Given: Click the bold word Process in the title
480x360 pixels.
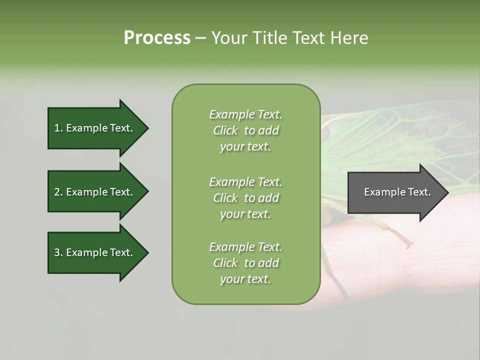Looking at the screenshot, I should pyautogui.click(x=157, y=38).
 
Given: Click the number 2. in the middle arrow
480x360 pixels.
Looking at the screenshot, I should pyautogui.click(x=58, y=192).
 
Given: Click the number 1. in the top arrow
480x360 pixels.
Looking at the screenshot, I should pyautogui.click(x=58, y=128).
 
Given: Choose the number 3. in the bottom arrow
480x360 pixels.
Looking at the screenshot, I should pyautogui.click(x=58, y=252).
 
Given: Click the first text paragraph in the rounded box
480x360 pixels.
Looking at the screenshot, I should pyautogui.click(x=245, y=130).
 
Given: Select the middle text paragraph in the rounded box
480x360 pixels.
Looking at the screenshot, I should pyautogui.click(x=245, y=198).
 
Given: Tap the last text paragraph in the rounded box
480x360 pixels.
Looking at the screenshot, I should pyautogui.click(x=245, y=263).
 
